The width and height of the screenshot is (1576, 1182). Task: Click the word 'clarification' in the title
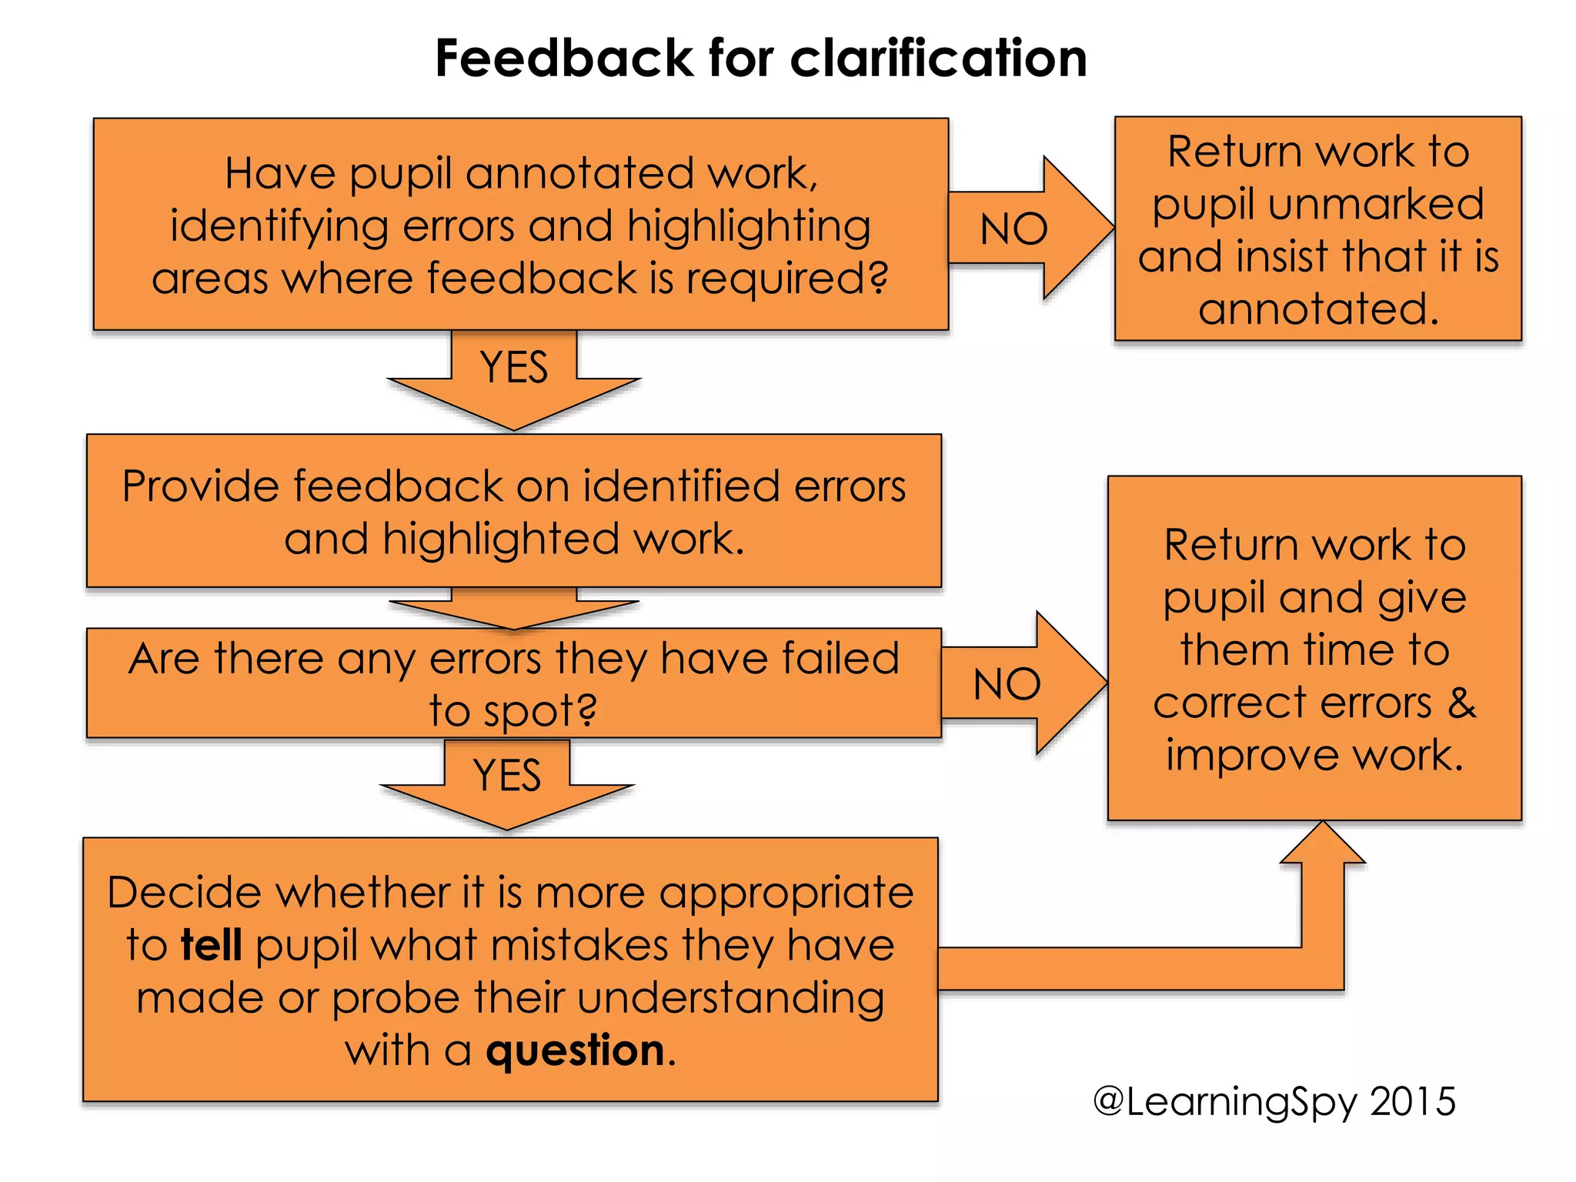(938, 58)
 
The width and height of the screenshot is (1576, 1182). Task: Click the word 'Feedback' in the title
(564, 58)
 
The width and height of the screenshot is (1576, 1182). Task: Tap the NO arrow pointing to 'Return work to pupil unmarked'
(1023, 229)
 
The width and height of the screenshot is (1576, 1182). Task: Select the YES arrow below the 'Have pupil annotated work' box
(514, 377)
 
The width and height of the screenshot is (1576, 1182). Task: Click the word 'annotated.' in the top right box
(1318, 309)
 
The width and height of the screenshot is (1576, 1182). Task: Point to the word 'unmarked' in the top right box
(1375, 205)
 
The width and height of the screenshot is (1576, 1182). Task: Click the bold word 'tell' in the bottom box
(212, 945)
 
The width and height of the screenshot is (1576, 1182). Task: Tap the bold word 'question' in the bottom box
(575, 1051)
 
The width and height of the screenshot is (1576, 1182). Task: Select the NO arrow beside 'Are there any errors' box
(1017, 683)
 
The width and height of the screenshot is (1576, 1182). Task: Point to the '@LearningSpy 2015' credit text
(1274, 1102)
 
